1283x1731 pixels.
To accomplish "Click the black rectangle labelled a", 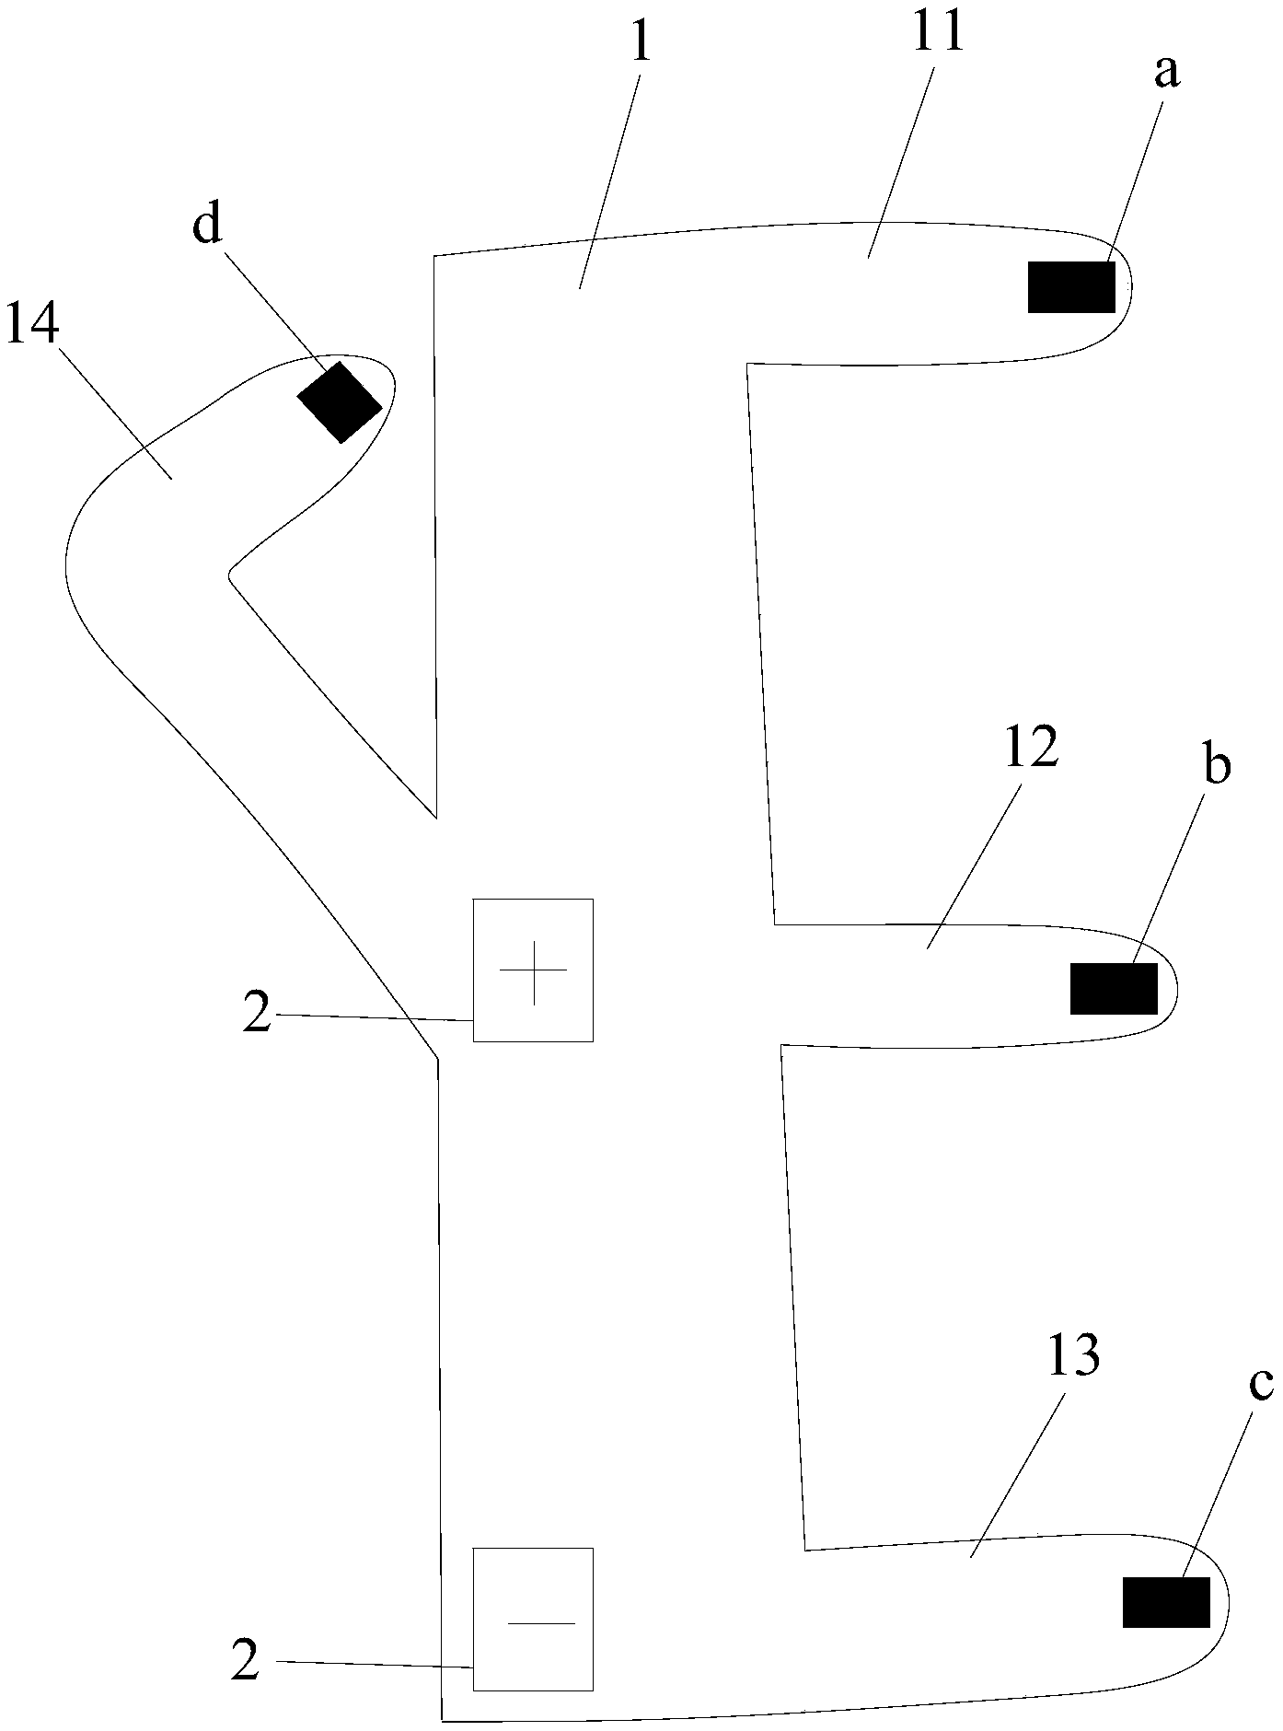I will click(1071, 286).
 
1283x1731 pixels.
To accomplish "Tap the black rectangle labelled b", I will click(1114, 988).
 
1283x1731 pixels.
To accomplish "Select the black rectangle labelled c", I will click(1166, 1602).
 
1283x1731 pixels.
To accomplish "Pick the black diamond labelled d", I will click(340, 401).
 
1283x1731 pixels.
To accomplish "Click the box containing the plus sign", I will click(533, 970).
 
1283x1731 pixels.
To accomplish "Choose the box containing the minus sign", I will click(533, 1619).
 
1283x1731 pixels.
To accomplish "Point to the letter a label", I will click(1166, 74).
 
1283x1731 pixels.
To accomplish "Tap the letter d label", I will click(207, 224).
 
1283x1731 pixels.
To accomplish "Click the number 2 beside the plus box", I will click(257, 1014).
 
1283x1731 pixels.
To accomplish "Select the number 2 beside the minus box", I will click(245, 1662).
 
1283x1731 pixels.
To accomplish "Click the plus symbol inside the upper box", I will click(533, 970).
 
